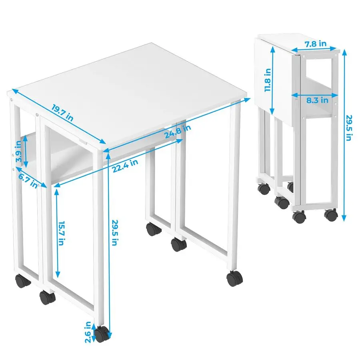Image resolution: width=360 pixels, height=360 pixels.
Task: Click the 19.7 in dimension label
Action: coord(62,112)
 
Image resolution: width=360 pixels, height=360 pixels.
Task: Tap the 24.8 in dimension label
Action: coord(178,131)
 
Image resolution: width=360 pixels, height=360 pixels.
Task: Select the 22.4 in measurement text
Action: coord(125,166)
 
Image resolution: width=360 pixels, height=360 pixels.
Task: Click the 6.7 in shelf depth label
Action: coord(28,181)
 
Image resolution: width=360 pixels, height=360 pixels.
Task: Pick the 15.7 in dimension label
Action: coord(61,233)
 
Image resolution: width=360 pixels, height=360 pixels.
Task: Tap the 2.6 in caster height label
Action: coord(88,332)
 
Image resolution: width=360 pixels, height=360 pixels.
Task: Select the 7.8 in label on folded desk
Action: coord(316,44)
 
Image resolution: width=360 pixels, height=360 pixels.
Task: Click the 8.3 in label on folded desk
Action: coord(317,100)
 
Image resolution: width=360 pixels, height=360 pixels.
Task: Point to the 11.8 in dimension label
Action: coord(268,80)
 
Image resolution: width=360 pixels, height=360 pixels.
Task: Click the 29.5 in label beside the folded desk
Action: coord(349,128)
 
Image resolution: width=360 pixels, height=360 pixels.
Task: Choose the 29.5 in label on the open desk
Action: coord(115,232)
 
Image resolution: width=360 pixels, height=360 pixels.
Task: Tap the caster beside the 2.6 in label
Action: coord(102,334)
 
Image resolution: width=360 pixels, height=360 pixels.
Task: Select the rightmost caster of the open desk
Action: coord(235,278)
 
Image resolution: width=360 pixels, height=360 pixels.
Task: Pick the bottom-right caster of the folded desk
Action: coord(331,215)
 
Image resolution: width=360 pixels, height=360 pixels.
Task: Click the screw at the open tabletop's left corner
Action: coord(11,100)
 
